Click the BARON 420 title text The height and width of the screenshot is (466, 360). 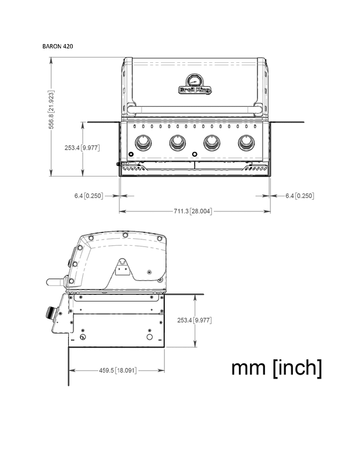coord(58,45)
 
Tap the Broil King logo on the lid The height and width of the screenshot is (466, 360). coord(195,90)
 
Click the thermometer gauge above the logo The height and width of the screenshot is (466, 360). coord(195,80)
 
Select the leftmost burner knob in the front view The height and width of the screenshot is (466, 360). coord(143,142)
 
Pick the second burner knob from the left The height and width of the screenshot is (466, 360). coord(177,142)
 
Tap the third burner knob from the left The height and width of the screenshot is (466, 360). coord(212,142)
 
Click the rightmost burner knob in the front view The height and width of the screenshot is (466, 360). coord(246,142)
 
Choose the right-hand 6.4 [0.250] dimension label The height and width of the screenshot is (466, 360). coord(299,196)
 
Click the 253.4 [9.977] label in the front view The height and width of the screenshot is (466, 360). coord(82,148)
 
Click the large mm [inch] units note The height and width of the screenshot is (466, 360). coord(276,368)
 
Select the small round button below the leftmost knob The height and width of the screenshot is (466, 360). coord(130,154)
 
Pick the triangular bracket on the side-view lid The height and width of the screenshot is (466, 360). coord(123,268)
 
